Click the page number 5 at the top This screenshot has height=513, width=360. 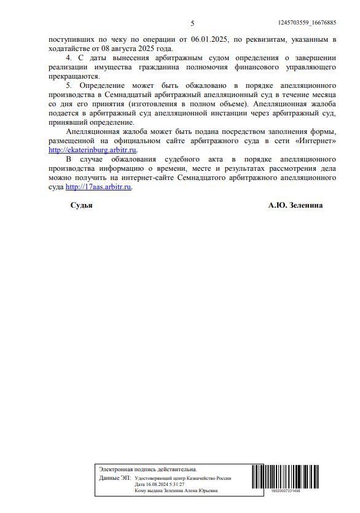[192, 23]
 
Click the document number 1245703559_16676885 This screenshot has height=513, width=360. [307, 23]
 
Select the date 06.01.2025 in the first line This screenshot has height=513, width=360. [209, 39]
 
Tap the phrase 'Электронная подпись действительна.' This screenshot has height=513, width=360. [148, 469]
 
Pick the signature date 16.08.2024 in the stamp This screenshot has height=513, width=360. [157, 484]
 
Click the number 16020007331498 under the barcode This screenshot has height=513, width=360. [285, 491]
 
